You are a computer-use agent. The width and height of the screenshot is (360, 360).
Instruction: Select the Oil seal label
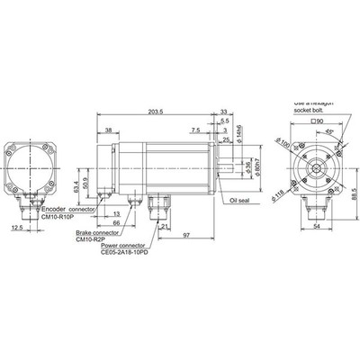(x=245, y=201)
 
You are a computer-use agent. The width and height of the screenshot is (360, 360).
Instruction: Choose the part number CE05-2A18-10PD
(x=123, y=255)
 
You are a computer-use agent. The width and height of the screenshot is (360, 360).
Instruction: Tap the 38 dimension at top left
(x=109, y=130)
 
